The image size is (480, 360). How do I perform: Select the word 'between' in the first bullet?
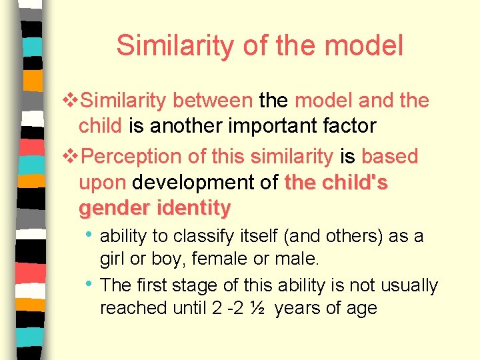(212, 101)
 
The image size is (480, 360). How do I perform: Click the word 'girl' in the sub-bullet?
(111, 258)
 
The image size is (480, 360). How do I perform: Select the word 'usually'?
(409, 285)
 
